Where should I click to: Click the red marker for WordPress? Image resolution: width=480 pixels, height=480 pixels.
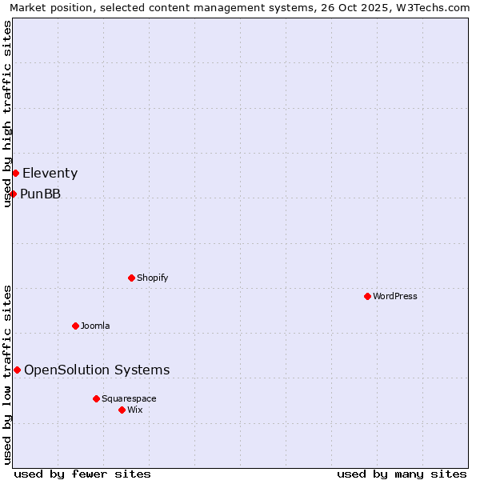[367, 296]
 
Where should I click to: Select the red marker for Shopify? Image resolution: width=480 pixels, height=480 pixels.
[131, 278]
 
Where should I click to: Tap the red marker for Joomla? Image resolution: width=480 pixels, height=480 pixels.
[75, 326]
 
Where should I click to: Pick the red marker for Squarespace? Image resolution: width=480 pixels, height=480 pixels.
[96, 398]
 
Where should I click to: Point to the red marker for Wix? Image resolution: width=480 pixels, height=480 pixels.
[122, 410]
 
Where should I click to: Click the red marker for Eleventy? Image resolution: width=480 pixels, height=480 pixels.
[15, 173]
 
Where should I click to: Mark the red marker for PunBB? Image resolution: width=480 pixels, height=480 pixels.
[13, 194]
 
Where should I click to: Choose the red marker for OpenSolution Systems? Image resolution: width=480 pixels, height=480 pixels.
[17, 370]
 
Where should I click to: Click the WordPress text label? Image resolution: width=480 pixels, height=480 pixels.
[395, 296]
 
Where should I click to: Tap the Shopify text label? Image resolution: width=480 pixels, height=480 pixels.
[153, 278]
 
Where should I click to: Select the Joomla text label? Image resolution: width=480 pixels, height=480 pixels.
[95, 326]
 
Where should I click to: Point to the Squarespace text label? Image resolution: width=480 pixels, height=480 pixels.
[129, 398]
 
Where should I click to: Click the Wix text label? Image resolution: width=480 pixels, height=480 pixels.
[134, 410]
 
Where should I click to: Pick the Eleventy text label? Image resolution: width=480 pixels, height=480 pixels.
[50, 173]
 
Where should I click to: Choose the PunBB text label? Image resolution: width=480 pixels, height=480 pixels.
[40, 194]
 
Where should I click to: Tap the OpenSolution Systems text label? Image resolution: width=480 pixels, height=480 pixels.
[97, 370]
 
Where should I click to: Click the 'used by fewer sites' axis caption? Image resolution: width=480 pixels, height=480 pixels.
[82, 474]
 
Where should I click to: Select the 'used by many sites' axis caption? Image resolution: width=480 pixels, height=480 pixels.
[402, 474]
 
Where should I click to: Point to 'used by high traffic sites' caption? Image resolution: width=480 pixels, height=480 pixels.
[8, 114]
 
